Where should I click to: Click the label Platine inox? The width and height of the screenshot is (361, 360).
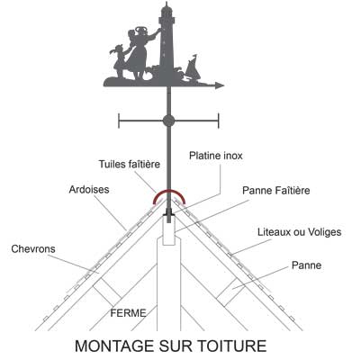click(216, 156)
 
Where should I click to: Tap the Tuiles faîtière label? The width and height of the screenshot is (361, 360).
click(130, 164)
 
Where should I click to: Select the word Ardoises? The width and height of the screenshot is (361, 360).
click(89, 190)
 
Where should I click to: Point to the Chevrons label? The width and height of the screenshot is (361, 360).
click(33, 249)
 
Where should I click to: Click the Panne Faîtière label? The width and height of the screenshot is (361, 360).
click(276, 190)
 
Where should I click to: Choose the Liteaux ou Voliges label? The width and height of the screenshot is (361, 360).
click(300, 232)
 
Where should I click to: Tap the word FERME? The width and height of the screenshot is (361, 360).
click(128, 313)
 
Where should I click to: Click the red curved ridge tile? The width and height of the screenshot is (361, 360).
click(169, 191)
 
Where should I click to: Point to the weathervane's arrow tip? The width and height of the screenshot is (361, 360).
click(224, 85)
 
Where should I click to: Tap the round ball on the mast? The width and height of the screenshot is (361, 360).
click(168, 121)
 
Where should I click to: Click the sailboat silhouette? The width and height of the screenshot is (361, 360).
click(193, 68)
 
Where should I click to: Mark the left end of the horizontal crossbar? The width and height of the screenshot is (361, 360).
click(119, 121)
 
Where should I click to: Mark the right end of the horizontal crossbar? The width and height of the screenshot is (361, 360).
click(219, 121)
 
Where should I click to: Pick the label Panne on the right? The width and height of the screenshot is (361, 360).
click(306, 265)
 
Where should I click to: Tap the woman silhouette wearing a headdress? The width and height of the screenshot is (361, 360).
click(140, 52)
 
